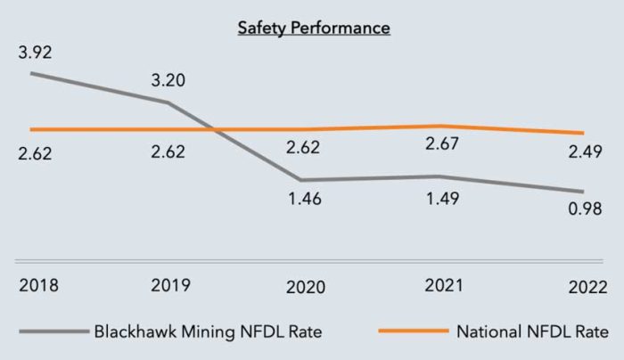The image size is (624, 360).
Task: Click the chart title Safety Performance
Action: pos(313,28)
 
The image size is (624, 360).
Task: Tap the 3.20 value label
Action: pos(168,80)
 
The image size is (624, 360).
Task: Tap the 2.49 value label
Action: pos(586,152)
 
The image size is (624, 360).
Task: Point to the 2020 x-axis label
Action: pos(305,288)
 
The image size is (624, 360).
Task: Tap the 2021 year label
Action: pos(441,285)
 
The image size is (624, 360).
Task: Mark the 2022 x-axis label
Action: pos(586,288)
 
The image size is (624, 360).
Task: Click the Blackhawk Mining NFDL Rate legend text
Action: pos(208,333)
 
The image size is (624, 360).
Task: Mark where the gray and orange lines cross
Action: pos(212,130)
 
